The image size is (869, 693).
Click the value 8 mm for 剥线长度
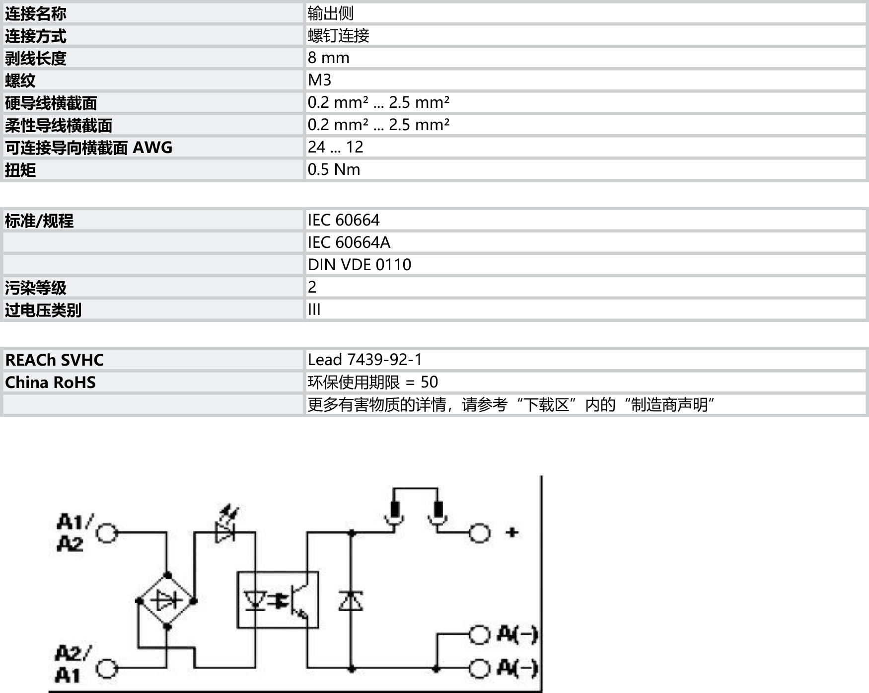328,58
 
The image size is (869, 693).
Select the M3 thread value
319,80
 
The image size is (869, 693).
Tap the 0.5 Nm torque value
334,169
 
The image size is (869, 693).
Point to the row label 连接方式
36,36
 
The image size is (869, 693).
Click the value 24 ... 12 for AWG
335,147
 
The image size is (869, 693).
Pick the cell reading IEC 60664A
349,242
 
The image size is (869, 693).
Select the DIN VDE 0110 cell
359,265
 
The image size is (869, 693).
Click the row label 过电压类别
43,310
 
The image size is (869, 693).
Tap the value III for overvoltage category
314,309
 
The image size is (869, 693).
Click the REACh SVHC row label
54,360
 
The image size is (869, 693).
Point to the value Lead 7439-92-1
364,360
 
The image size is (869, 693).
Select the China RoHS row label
50,382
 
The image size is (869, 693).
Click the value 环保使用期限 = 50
372,382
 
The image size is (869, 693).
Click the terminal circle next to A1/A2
106,533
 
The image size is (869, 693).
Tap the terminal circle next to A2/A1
106,669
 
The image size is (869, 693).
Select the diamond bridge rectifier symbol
166,601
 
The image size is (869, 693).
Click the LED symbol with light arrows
225,528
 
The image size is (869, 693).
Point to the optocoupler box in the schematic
278,600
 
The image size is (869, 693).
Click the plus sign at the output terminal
512,533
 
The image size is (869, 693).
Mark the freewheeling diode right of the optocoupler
351,601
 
